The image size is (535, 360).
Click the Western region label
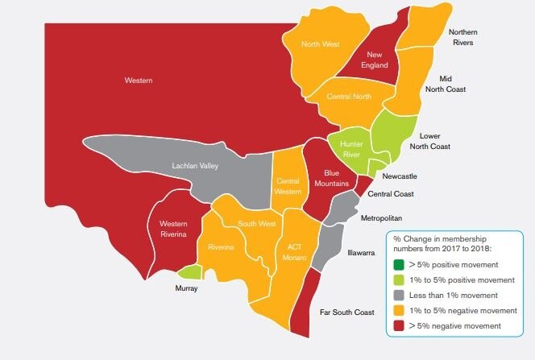[139, 81]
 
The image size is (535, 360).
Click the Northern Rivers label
[467, 37]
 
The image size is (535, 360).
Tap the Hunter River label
[353, 148]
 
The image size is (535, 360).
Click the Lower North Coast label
[440, 141]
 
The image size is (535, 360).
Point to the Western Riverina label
[173, 228]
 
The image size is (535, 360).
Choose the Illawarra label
[361, 252]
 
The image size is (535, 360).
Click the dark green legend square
[398, 264]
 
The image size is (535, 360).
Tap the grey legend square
[398, 295]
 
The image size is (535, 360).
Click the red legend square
[398, 325]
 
